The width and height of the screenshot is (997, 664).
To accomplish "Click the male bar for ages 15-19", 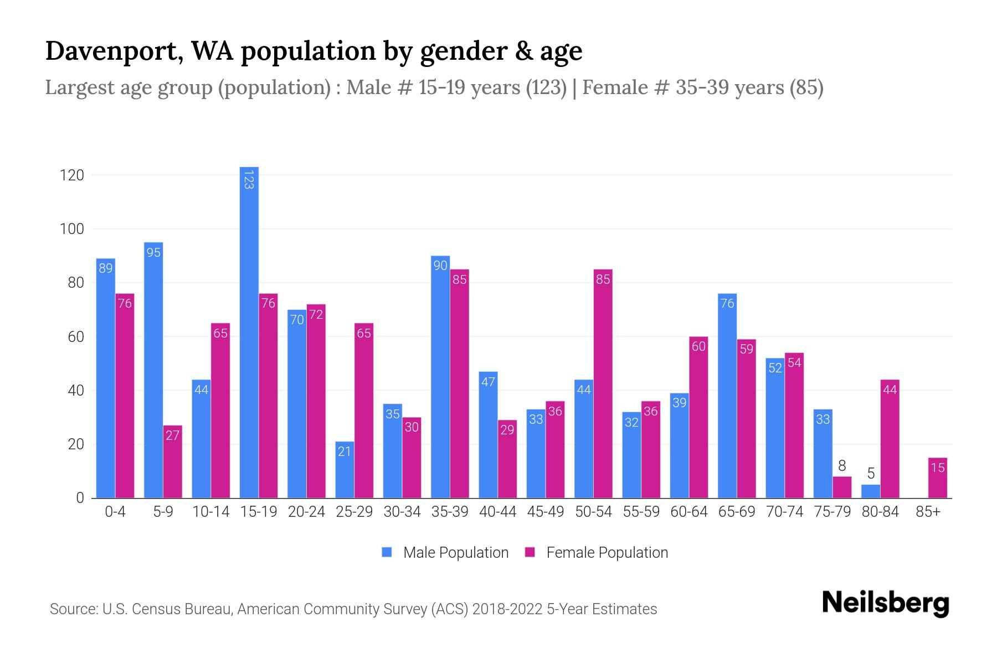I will pyautogui.click(x=249, y=332).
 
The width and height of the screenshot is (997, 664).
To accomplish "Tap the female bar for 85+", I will pyautogui.click(x=937, y=478).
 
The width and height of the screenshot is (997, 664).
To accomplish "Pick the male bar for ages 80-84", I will pyautogui.click(x=871, y=491).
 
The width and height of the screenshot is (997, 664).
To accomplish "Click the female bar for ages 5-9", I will pyautogui.click(x=172, y=461).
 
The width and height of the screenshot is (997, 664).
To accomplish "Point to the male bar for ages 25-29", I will pyautogui.click(x=345, y=470).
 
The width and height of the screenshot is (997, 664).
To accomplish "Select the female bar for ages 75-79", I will pyautogui.click(x=842, y=487).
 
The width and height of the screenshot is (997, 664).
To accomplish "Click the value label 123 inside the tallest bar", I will pyautogui.click(x=249, y=180).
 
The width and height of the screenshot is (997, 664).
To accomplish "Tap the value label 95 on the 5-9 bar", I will pyautogui.click(x=153, y=253).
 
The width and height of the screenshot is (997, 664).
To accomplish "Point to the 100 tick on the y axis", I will pyautogui.click(x=71, y=229).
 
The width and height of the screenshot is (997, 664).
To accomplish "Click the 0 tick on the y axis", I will pyautogui.click(x=80, y=498).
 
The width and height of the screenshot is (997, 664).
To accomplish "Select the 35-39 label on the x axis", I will pyautogui.click(x=450, y=512).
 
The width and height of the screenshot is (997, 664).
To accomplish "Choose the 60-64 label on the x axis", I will pyautogui.click(x=688, y=512).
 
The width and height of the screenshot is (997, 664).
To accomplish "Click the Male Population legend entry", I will pyautogui.click(x=455, y=553).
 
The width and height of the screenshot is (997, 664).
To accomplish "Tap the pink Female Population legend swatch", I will pyautogui.click(x=530, y=552).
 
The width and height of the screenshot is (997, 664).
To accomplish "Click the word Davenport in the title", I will pyautogui.click(x=111, y=51).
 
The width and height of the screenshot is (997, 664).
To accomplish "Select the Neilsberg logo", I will pyautogui.click(x=885, y=603).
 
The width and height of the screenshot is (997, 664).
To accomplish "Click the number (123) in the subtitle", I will pyautogui.click(x=546, y=87).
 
